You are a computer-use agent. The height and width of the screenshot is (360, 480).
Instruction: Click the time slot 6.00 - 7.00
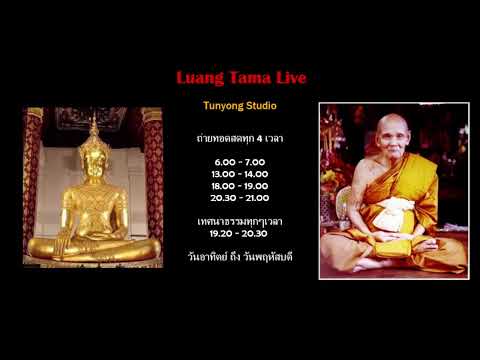coord(239,161)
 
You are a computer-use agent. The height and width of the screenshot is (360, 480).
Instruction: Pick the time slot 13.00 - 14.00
coord(239,174)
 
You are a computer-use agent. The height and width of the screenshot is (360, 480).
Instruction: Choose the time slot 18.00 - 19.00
coord(239,186)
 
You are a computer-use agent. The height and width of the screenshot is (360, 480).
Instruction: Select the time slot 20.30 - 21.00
coord(239,199)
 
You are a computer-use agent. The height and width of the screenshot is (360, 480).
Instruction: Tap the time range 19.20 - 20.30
coord(239,230)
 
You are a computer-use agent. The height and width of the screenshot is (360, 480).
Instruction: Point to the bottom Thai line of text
coord(239,255)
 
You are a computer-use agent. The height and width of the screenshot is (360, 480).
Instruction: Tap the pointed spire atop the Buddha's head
coord(94,127)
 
